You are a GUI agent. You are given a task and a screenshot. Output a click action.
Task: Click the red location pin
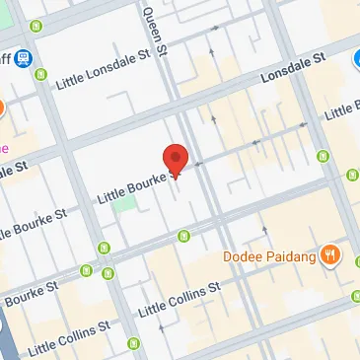[176, 159]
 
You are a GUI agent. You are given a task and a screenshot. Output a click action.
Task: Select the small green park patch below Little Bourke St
[124, 204]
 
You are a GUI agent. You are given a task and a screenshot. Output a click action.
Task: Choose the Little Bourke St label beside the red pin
[138, 186]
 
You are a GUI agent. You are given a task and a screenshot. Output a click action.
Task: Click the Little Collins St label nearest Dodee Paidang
[179, 301]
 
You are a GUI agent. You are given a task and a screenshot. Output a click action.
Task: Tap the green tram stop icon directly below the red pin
[183, 235]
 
